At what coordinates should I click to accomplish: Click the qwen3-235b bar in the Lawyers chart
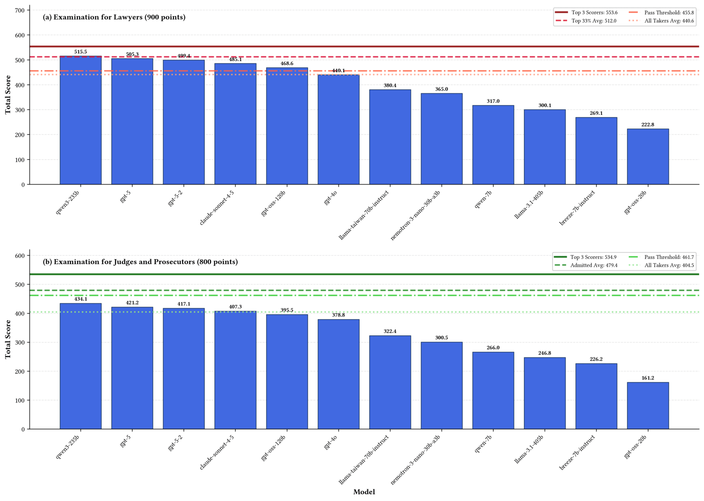(x=81, y=120)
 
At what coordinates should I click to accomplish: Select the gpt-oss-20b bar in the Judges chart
(x=648, y=406)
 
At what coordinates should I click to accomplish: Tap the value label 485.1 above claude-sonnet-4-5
(x=235, y=59)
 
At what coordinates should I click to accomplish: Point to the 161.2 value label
(x=648, y=378)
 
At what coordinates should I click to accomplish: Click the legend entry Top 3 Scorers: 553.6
(x=586, y=13)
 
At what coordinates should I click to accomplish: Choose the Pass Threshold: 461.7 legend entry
(x=661, y=257)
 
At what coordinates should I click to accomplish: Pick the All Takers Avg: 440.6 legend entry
(x=661, y=21)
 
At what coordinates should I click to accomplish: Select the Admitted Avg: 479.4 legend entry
(x=586, y=265)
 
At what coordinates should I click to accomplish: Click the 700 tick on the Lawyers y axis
(x=19, y=11)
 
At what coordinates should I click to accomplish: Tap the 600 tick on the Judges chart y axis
(x=19, y=256)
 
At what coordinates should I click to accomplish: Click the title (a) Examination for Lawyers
(x=114, y=17)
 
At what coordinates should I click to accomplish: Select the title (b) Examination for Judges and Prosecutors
(x=140, y=262)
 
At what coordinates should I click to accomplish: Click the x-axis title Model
(x=364, y=492)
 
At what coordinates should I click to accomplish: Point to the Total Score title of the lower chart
(x=8, y=339)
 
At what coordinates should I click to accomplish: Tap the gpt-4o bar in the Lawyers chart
(x=338, y=129)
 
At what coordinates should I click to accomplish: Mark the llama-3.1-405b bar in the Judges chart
(x=545, y=394)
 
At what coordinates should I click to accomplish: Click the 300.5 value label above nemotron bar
(x=442, y=338)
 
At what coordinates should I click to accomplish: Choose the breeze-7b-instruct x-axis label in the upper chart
(x=577, y=208)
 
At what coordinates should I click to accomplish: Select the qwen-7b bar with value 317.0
(x=493, y=145)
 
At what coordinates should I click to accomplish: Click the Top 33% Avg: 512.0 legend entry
(x=586, y=21)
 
